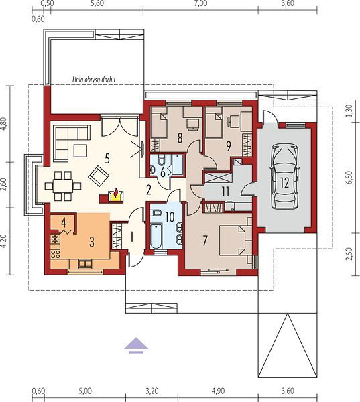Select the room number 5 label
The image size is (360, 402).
(x=107, y=159)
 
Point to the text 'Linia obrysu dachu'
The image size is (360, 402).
(x=94, y=80)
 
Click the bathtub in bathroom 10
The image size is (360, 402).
(x=156, y=236)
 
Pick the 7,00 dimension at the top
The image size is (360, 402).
(x=200, y=3)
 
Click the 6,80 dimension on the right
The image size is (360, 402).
(x=350, y=177)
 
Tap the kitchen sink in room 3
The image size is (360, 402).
(x=85, y=264)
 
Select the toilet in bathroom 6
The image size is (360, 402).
(x=162, y=161)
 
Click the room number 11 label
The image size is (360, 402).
(x=225, y=192)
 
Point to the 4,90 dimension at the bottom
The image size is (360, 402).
(x=218, y=391)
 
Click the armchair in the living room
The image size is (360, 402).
(x=99, y=176)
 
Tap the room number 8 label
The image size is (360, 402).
(x=180, y=139)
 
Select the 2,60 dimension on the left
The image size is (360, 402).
(x=4, y=185)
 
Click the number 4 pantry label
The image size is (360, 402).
(x=64, y=222)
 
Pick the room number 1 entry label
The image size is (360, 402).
(x=131, y=237)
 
